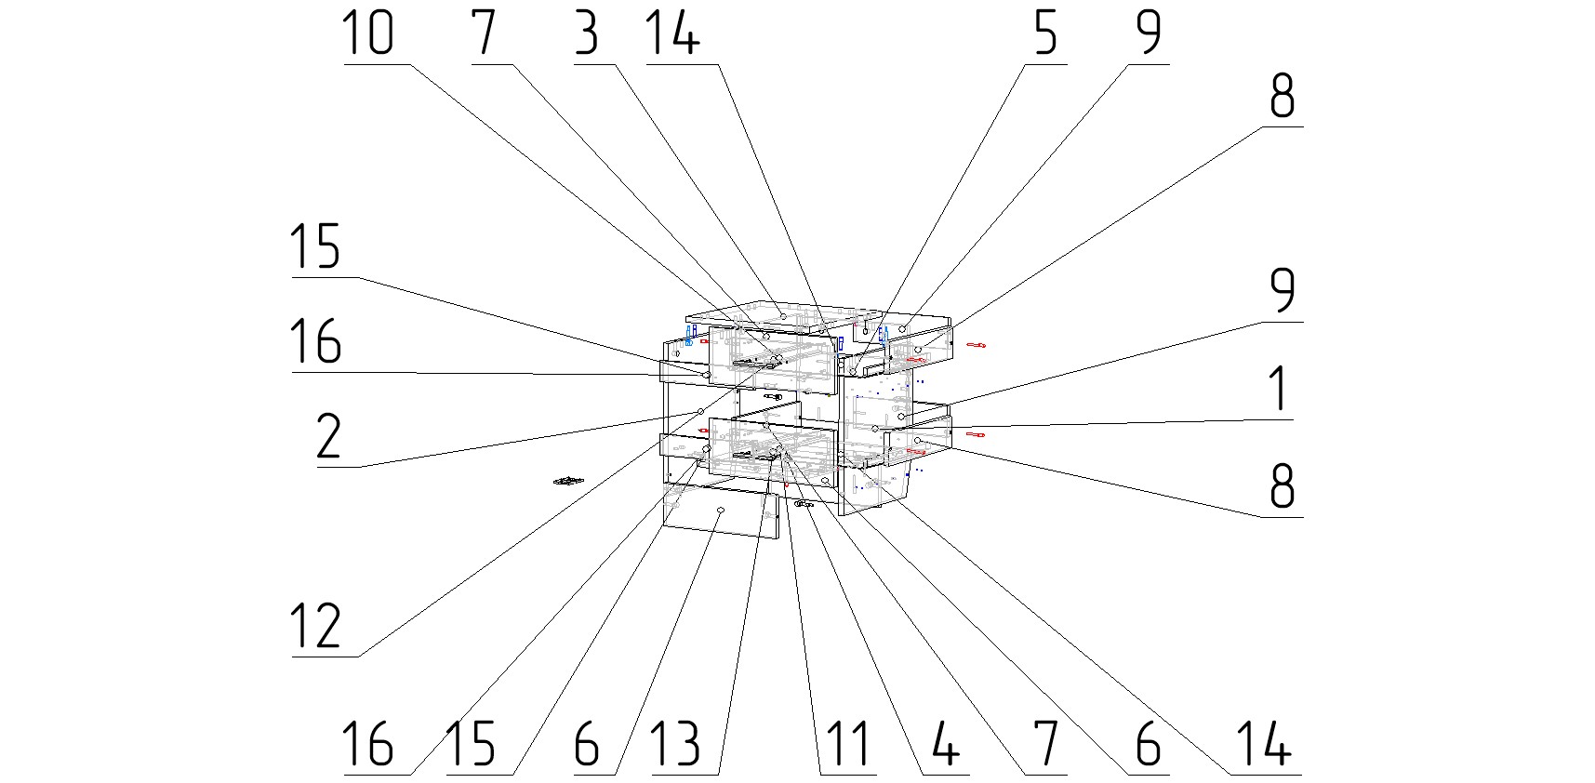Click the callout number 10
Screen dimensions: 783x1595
(368, 34)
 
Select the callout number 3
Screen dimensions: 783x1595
(586, 34)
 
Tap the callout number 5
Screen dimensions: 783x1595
(1045, 34)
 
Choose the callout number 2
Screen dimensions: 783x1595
(328, 437)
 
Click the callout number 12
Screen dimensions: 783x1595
(316, 626)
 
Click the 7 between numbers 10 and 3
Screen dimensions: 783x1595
(484, 34)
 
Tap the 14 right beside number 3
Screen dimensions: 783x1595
(671, 34)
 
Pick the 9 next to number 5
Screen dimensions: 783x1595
(1149, 34)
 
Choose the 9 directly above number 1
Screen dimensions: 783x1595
(1282, 291)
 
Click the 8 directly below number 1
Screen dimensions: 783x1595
(1282, 485)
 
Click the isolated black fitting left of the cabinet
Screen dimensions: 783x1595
(566, 481)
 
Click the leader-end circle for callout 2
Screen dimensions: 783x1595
(701, 411)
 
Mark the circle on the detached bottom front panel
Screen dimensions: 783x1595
(721, 511)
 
